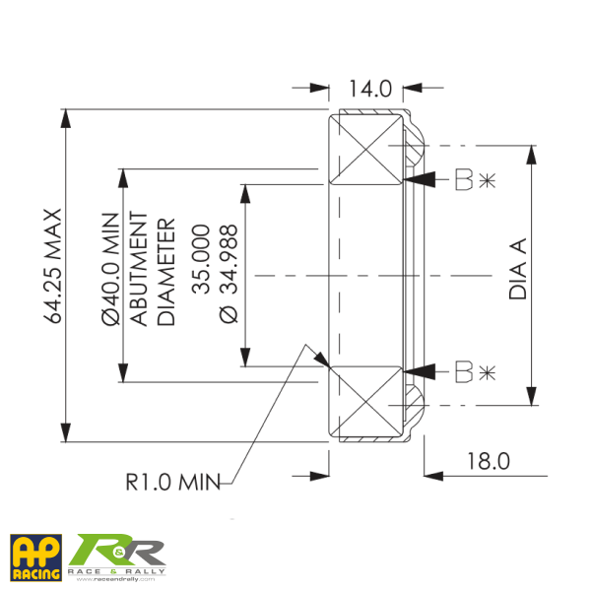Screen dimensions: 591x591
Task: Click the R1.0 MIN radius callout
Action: point(171,483)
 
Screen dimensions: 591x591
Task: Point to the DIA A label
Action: point(520,271)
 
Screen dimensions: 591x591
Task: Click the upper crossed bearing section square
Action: point(366,150)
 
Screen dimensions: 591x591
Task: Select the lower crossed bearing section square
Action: point(366,400)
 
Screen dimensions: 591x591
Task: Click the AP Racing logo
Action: point(35,557)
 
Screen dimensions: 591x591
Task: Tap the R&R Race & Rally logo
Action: point(118,557)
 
